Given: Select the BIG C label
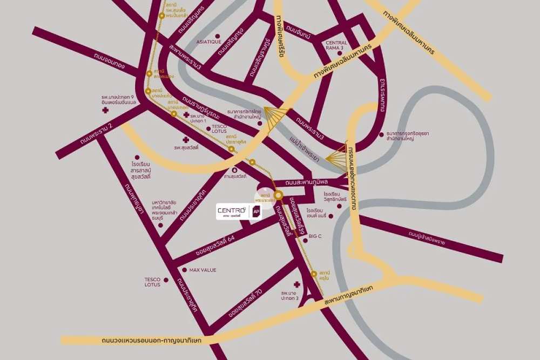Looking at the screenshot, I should (315, 236).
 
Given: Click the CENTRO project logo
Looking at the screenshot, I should (232, 210).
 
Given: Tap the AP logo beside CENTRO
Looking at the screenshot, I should (256, 211).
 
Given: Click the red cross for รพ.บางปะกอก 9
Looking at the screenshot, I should (106, 111).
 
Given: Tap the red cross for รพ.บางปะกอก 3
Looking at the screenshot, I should (296, 284).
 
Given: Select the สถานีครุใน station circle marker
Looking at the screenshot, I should (314, 274).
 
